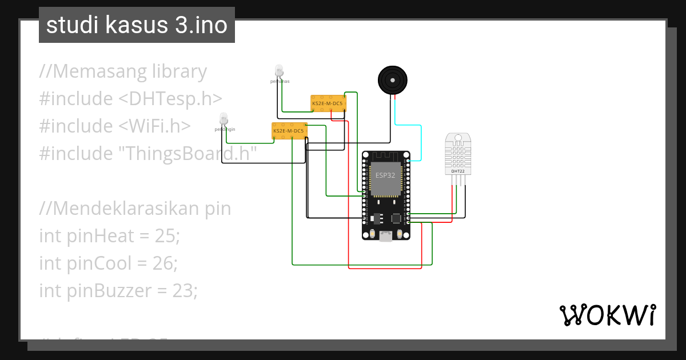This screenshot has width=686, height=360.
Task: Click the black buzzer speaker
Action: coord(393,79)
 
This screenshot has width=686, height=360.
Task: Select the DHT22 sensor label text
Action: coord(457,171)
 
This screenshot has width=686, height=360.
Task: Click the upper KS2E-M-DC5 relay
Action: coord(328,103)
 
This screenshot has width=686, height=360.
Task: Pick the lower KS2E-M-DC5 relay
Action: coord(289,131)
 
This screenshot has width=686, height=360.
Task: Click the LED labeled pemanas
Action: coord(279,71)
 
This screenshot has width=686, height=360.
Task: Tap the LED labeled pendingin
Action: coord(224,118)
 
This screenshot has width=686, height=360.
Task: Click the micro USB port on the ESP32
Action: coord(386,235)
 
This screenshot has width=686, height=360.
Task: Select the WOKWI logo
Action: coord(608,315)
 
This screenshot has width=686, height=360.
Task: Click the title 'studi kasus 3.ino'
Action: coord(137,25)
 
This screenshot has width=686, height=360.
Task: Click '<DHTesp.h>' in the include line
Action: coord(170,98)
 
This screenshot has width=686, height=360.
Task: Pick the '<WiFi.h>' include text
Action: coord(154,126)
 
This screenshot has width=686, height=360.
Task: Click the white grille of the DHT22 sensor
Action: coord(458,153)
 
